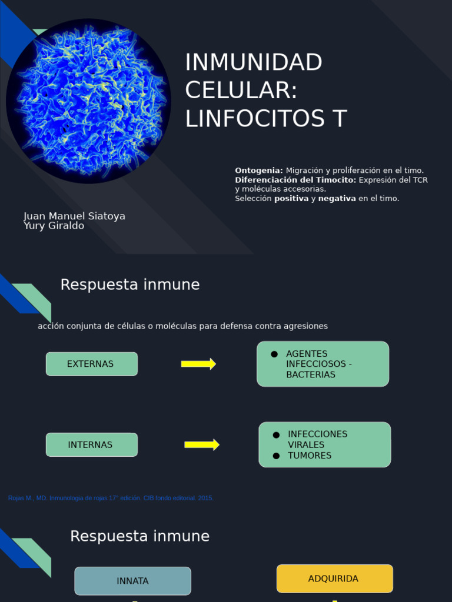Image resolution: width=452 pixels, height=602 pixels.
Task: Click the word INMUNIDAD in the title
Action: tap(254, 62)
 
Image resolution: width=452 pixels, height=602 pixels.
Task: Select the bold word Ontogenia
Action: tap(259, 170)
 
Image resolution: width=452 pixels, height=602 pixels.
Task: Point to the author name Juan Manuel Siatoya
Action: tap(74, 216)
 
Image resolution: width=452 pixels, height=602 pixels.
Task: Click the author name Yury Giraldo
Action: tap(54, 226)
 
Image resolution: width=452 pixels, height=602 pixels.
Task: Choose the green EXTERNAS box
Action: tap(92, 364)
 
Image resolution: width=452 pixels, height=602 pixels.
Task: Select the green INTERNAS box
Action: tap(92, 445)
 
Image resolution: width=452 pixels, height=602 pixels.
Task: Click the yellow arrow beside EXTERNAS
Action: tap(198, 364)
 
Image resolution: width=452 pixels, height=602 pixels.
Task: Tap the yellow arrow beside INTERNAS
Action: tap(202, 445)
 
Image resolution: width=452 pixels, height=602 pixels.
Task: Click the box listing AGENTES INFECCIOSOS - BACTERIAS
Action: tap(323, 364)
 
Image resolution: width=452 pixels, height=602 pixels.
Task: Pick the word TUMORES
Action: tap(310, 456)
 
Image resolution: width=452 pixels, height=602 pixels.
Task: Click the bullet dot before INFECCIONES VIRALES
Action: tap(276, 435)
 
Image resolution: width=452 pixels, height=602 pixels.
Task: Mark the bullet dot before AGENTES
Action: tap(274, 354)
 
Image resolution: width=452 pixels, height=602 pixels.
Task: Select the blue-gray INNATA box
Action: tap(132, 581)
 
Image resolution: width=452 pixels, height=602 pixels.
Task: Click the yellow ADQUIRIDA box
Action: tap(334, 579)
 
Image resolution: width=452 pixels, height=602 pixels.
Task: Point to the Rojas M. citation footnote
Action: tap(111, 498)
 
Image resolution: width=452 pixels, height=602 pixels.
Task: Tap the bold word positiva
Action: tap(291, 199)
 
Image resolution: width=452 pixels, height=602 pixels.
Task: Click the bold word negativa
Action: tap(337, 199)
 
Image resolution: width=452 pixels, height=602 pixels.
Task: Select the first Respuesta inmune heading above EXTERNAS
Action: tap(130, 285)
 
